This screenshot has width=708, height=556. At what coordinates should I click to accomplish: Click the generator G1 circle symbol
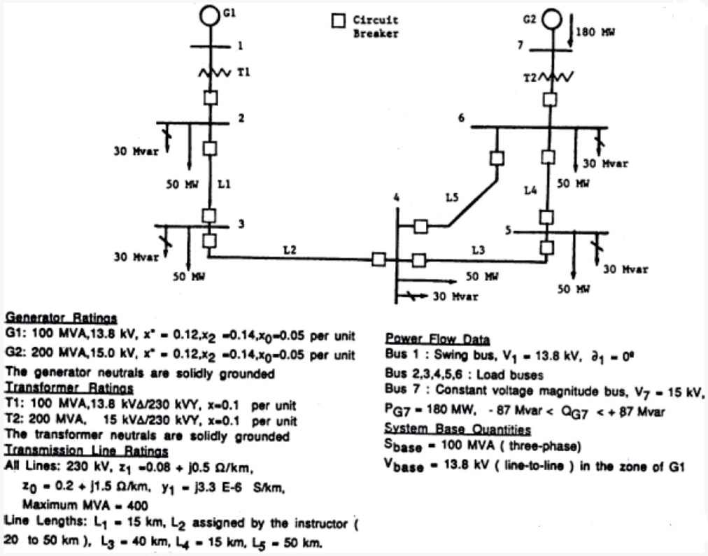tap(209, 14)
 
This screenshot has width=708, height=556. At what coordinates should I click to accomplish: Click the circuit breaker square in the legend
tap(339, 22)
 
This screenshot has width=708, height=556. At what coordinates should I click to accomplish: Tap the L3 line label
tap(478, 249)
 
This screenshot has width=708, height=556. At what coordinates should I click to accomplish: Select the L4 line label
tap(532, 190)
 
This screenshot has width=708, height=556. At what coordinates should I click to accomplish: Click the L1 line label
tap(223, 185)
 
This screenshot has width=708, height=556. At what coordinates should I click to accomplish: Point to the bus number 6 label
tap(461, 117)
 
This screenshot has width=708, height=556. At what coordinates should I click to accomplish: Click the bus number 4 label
tap(396, 198)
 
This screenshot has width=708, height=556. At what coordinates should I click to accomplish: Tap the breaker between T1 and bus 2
tap(209, 99)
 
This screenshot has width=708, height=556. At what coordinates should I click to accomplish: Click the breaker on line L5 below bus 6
tap(497, 158)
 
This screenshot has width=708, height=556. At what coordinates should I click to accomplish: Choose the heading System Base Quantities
tap(458, 429)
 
